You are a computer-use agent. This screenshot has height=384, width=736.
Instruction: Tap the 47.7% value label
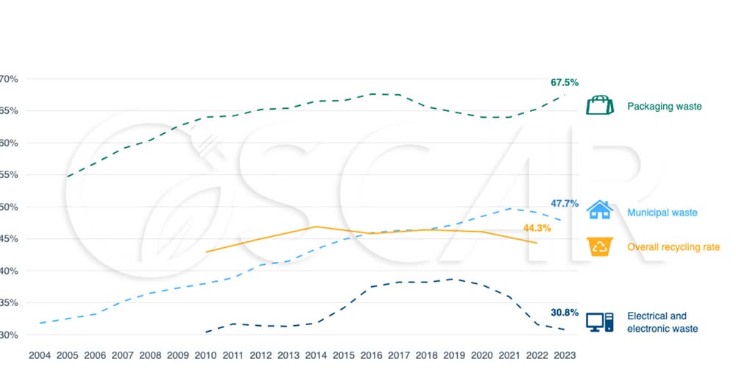(564, 204)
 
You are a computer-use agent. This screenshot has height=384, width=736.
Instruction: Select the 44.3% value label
(548, 228)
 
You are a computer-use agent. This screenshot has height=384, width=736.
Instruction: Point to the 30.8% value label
(564, 312)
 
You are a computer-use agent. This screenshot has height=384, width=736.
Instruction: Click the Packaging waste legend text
(664, 107)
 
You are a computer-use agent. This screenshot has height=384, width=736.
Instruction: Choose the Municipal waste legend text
(662, 213)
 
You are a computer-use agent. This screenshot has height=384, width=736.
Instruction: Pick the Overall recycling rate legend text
(673, 247)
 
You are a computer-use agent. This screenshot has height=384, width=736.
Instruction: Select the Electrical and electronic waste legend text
(662, 322)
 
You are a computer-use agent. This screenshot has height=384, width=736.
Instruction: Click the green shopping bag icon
(600, 105)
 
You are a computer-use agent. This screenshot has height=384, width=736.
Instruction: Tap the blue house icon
(600, 210)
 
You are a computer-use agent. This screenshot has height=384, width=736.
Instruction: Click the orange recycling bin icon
(601, 246)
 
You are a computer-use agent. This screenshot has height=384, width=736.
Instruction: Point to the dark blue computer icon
(599, 321)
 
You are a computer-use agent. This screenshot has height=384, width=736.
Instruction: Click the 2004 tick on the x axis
(40, 355)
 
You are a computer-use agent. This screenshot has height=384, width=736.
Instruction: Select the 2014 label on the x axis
(316, 355)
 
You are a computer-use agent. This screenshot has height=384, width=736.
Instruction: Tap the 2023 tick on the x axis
(565, 355)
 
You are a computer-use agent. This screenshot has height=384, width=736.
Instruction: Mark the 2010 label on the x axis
(205, 355)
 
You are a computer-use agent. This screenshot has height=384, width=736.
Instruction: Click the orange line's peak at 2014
(316, 227)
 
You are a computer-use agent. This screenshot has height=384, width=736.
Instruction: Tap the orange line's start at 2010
(206, 252)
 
